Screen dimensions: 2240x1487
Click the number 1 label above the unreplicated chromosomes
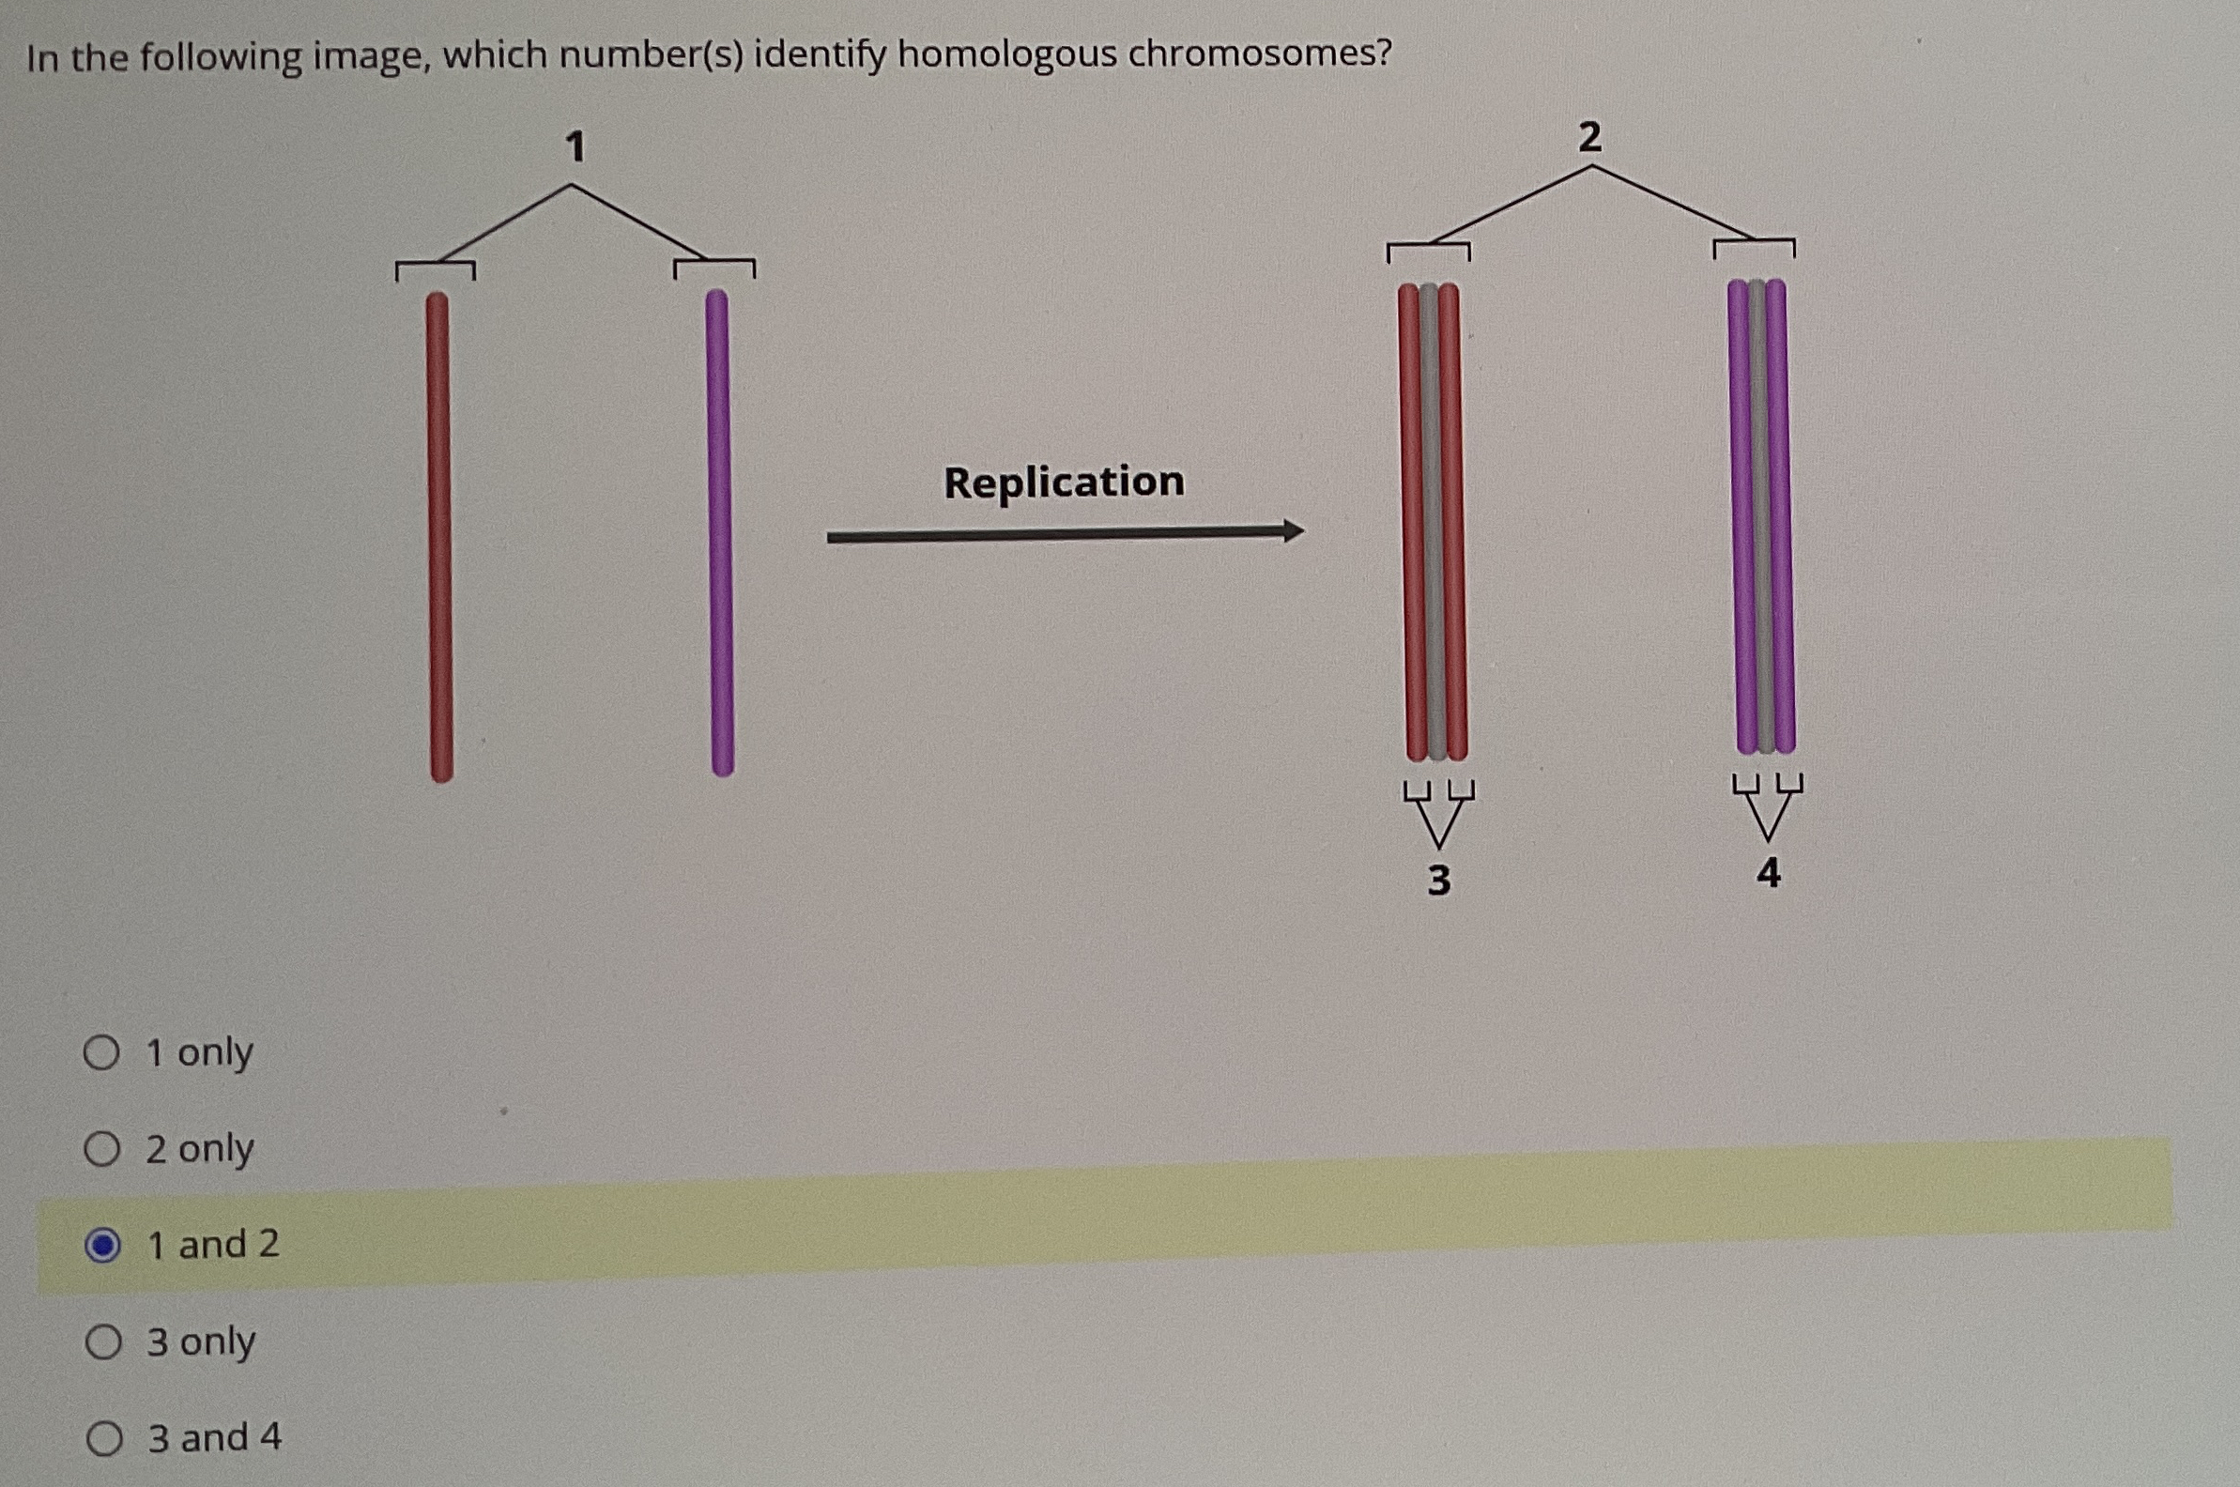575,148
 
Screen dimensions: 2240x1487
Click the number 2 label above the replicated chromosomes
1589,138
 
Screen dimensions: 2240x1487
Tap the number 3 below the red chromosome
1438,881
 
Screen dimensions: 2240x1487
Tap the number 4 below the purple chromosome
1769,872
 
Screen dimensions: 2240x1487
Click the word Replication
1063,482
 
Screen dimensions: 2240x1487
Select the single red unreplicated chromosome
439,536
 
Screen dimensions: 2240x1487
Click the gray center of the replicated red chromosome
1434,522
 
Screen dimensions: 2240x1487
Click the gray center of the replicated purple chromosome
1760,517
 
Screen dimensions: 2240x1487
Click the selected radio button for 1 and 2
102,1246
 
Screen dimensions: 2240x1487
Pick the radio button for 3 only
102,1342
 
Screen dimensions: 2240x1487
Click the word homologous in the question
1006,55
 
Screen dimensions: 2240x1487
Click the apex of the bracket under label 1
572,186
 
